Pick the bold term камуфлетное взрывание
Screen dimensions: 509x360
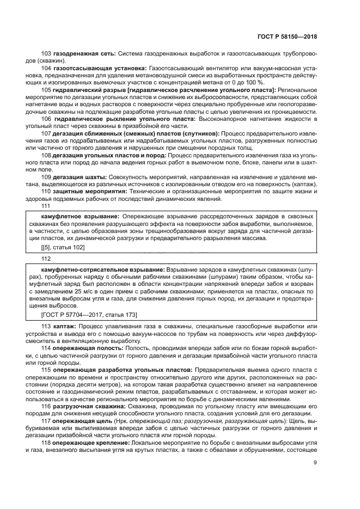coord(75,217)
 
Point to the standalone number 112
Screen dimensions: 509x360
coord(46,259)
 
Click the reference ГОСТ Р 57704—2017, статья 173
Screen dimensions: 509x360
coord(82,315)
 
